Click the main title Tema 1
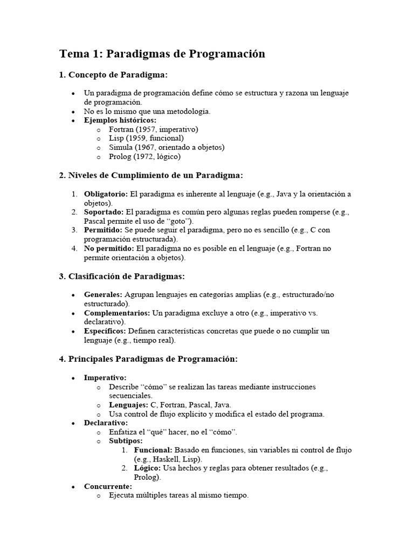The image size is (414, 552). pos(162,53)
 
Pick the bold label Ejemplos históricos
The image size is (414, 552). pos(120,120)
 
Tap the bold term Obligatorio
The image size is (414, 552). pos(106,194)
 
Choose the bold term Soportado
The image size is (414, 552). pos(103,212)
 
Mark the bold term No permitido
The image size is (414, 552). pos(109,249)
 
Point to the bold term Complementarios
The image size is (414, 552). pos(117,313)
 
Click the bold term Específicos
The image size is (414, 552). pos(105,330)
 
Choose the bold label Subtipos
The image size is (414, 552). pos(126,441)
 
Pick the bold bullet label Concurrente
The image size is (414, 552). pos(108,486)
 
